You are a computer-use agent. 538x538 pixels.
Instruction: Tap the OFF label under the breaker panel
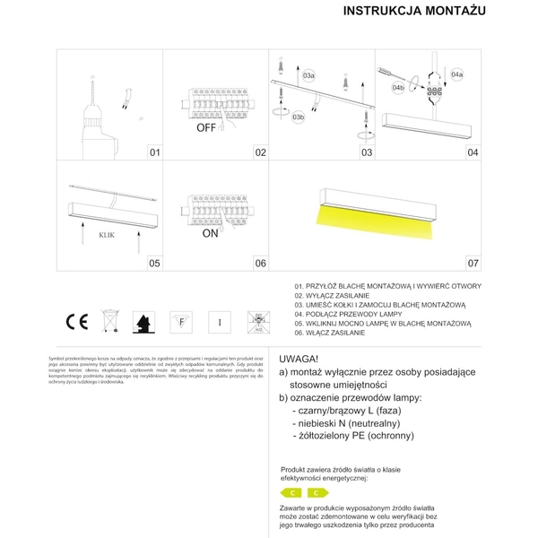pyautogui.click(x=208, y=128)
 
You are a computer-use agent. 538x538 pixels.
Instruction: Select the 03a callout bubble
pyautogui.click(x=309, y=74)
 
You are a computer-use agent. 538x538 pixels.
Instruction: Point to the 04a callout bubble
pyautogui.click(x=457, y=74)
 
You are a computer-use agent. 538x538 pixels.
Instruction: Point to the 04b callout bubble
pyautogui.click(x=398, y=89)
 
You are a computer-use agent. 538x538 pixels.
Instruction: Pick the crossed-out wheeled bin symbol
pyautogui.click(x=109, y=320)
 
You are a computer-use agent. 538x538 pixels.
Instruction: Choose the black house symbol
pyautogui.click(x=143, y=320)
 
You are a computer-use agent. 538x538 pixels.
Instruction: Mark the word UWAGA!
pyautogui.click(x=299, y=356)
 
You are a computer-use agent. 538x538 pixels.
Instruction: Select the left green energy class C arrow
pyautogui.click(x=292, y=493)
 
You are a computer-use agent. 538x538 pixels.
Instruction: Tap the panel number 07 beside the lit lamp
pyautogui.click(x=473, y=264)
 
